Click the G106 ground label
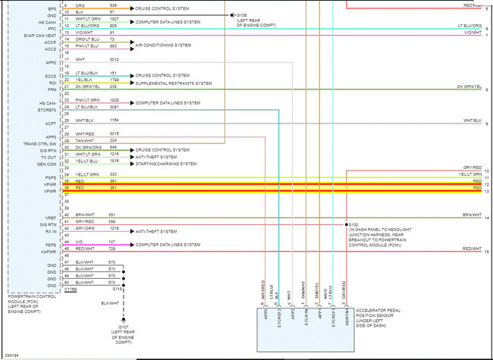point(241,14)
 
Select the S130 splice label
point(353,224)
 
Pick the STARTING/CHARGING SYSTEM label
point(166,163)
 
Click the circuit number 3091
point(113,107)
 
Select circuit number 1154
point(113,121)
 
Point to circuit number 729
point(111,248)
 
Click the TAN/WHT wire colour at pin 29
point(84,140)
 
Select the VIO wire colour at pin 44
point(79,243)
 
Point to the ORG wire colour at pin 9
point(80,5)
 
